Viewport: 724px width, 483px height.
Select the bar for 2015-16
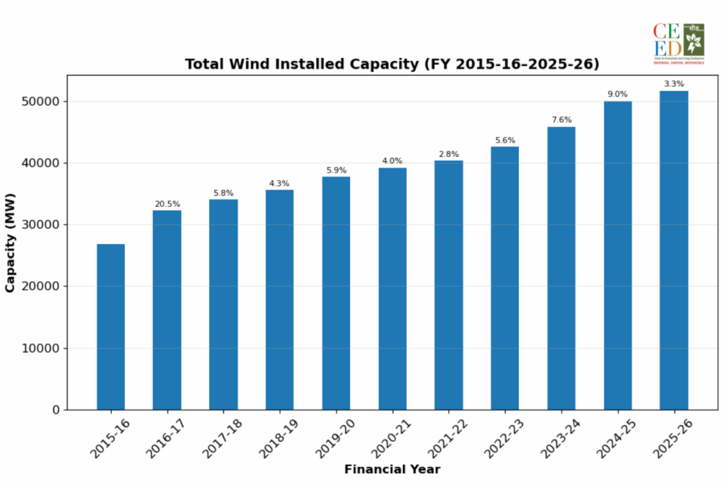pos(110,327)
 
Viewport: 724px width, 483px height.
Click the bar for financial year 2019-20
pos(336,293)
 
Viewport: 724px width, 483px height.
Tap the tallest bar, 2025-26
pos(674,250)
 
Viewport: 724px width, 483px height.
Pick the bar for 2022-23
pos(505,278)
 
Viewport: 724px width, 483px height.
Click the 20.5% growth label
pos(167,204)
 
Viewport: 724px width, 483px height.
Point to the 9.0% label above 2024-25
pos(617,94)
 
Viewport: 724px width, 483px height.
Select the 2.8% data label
pos(448,154)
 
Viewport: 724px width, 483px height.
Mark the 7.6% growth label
pos(561,120)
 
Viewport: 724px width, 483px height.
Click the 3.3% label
pos(674,84)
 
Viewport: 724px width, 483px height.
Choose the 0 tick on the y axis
pos(57,410)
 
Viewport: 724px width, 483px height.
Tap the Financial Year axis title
pos(392,470)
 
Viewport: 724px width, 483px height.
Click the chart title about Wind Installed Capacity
pos(392,64)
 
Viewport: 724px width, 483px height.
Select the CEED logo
pos(679,44)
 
